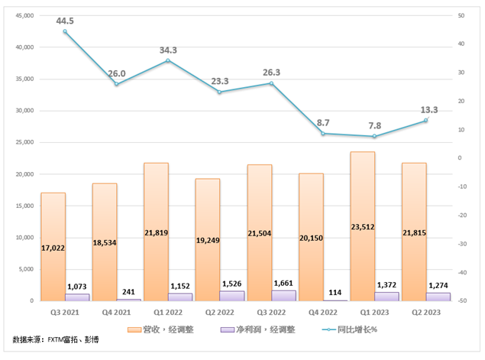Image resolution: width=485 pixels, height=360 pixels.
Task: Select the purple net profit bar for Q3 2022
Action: (283, 295)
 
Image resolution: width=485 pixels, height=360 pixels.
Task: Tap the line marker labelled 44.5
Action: (65, 31)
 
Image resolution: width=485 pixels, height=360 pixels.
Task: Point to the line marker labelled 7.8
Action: (374, 136)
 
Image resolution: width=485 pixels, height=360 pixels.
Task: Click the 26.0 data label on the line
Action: (117, 73)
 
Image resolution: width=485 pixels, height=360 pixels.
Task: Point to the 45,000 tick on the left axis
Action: (25, 15)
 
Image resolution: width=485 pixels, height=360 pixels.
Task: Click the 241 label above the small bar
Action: (130, 290)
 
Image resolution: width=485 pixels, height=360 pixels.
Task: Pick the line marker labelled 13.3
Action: (426, 120)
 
